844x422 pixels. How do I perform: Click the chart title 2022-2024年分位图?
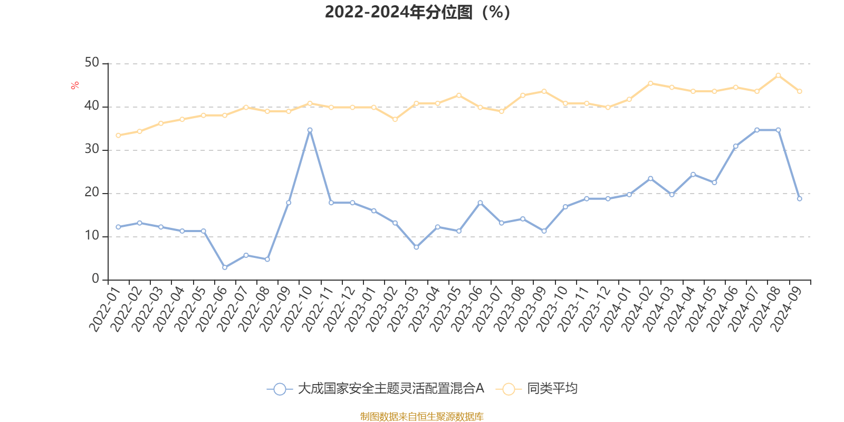tap(417, 12)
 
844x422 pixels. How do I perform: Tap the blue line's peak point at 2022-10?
tap(310, 130)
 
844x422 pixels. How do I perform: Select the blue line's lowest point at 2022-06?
tap(225, 267)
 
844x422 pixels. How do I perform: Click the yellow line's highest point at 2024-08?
tap(778, 75)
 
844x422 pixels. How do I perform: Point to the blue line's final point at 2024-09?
tap(799, 199)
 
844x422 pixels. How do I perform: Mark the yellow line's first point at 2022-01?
tap(118, 136)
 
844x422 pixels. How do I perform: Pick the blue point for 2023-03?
tap(416, 247)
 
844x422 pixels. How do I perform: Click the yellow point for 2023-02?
tap(395, 119)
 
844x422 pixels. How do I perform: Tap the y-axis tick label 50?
tap(92, 63)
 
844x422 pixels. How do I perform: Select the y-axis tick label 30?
tap(92, 149)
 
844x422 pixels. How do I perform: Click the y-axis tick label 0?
tap(95, 279)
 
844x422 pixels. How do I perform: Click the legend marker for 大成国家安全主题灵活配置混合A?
tap(280, 389)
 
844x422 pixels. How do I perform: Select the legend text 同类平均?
tap(552, 389)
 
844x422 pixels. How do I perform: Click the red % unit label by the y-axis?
tap(75, 85)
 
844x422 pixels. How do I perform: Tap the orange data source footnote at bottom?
tap(421, 417)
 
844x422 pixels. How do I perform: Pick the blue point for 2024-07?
tap(756, 130)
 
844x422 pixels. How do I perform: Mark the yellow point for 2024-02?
tap(650, 83)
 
